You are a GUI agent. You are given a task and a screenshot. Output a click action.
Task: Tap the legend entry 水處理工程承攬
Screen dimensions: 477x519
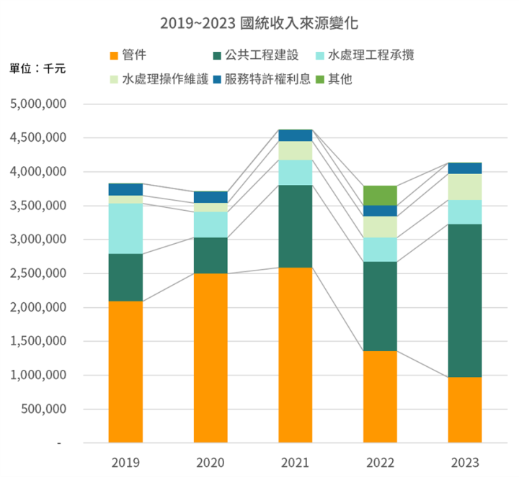click(x=371, y=55)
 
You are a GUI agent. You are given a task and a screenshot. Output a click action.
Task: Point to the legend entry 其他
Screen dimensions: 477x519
click(x=339, y=79)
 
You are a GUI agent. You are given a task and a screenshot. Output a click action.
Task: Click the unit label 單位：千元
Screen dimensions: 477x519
click(x=37, y=69)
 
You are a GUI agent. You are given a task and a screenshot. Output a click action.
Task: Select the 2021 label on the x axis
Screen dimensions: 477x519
click(x=295, y=463)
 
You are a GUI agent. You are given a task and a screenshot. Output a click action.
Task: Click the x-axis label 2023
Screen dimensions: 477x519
click(x=464, y=463)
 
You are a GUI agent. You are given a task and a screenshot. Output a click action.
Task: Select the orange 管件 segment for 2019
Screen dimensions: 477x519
click(x=125, y=371)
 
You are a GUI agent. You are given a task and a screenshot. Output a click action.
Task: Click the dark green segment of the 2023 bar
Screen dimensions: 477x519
click(x=464, y=300)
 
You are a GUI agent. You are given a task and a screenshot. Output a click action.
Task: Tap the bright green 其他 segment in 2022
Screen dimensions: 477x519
click(x=380, y=195)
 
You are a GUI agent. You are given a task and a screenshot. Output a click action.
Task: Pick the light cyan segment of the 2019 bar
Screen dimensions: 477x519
click(x=125, y=229)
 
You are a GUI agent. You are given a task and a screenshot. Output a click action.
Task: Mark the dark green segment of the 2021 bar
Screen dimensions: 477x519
click(x=295, y=226)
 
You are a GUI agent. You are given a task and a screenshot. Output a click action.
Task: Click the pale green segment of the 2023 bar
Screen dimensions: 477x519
click(x=464, y=187)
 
